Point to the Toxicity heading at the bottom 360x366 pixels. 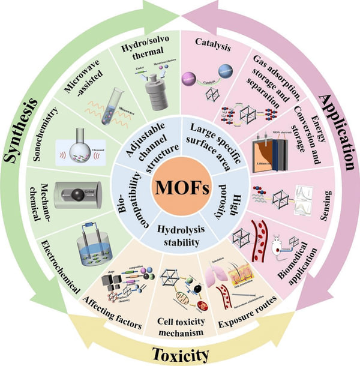tap(179, 353)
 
